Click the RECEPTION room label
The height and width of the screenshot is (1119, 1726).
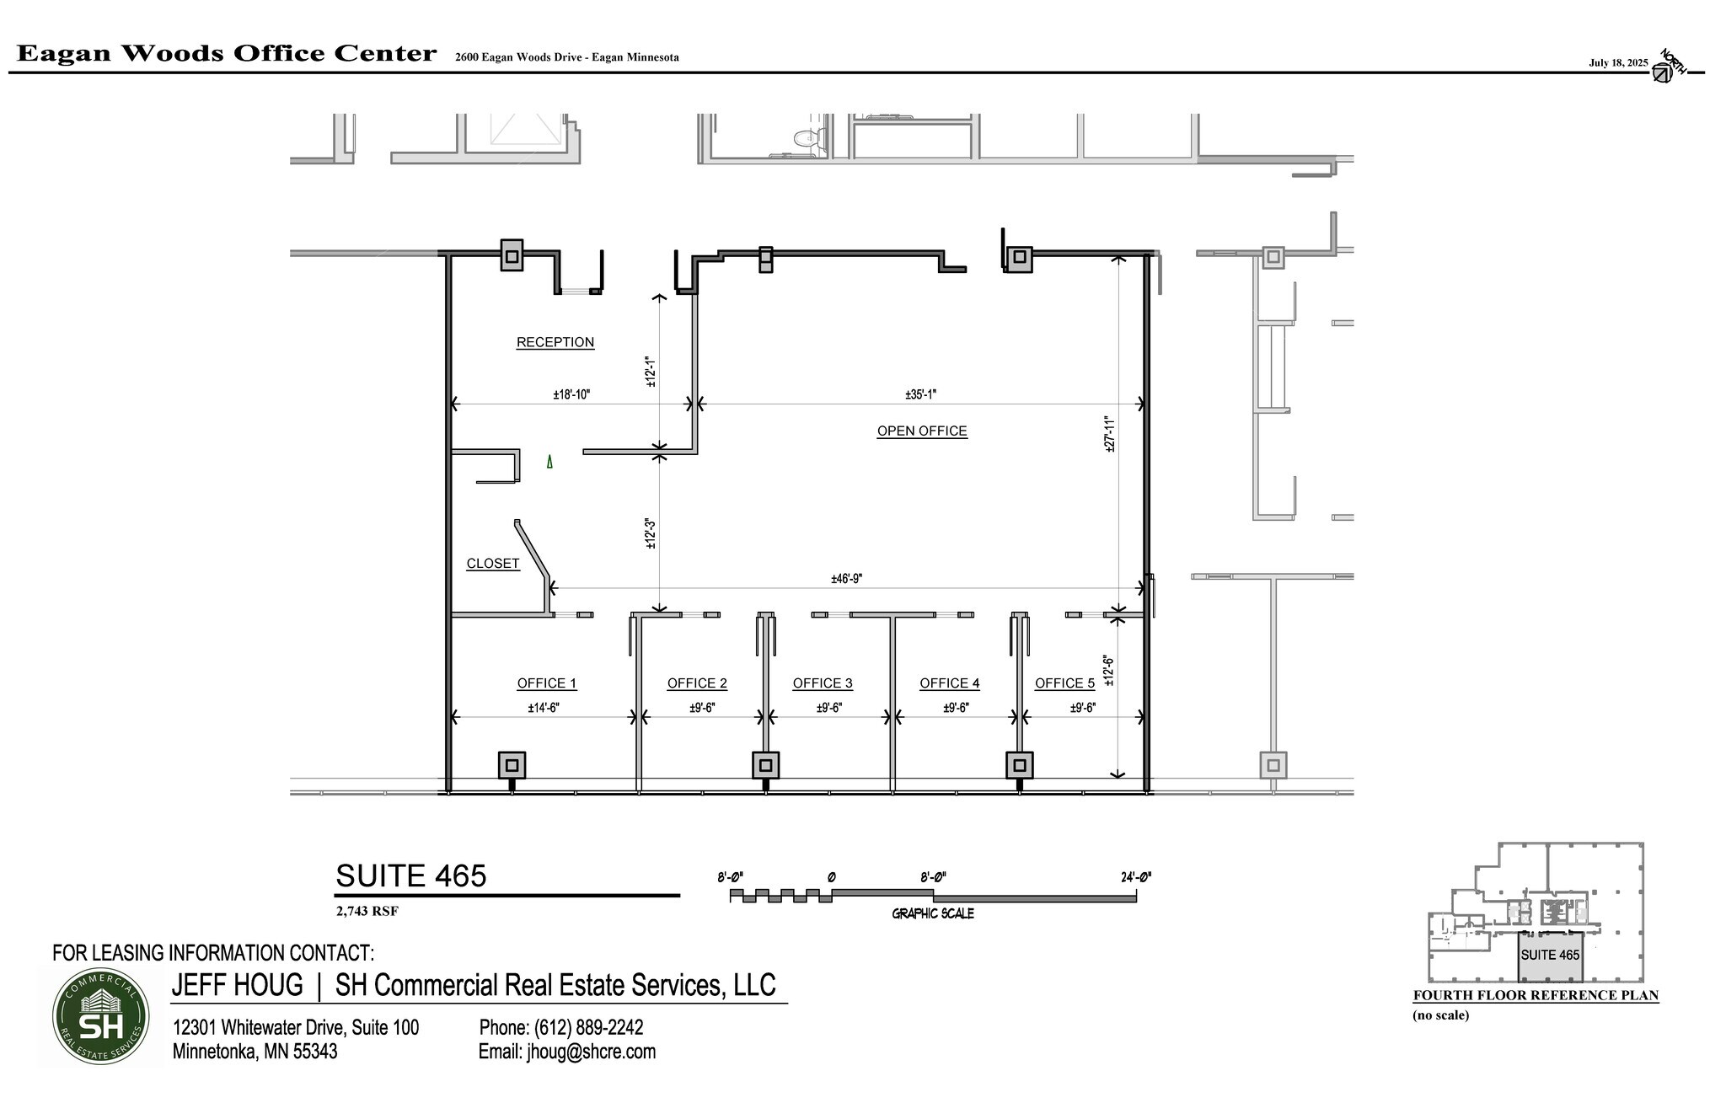(555, 342)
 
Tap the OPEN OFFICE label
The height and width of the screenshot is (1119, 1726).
(921, 431)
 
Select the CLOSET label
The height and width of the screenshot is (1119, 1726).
(492, 564)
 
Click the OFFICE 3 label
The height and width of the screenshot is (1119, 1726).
(822, 683)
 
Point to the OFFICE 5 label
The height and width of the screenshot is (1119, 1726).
(1064, 683)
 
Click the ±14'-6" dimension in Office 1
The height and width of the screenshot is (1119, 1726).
(543, 708)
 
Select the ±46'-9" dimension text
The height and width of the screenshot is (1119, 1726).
(845, 579)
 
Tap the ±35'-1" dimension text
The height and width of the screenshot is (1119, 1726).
(920, 394)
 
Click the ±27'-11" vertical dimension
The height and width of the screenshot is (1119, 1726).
(1110, 435)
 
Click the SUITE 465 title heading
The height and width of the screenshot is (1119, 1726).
(410, 876)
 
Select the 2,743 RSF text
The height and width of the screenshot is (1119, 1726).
(367, 911)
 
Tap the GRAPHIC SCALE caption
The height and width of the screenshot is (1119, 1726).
(932, 913)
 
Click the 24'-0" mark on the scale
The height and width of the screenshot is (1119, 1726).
(1135, 877)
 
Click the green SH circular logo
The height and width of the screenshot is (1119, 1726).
(100, 1016)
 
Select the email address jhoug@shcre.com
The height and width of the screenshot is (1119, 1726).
(566, 1052)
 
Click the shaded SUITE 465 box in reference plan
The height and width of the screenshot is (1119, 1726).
(1549, 956)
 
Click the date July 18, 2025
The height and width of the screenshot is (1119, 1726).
(1617, 62)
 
